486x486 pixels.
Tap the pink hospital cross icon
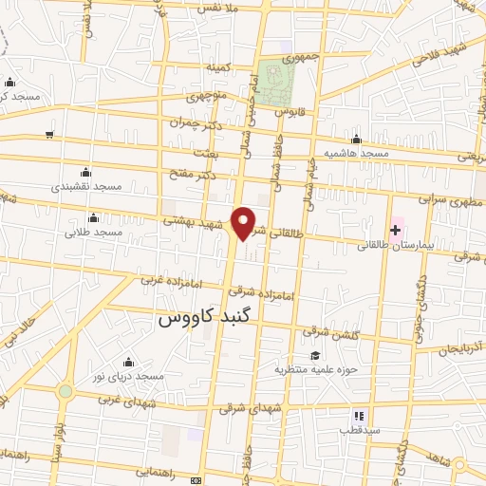click(395, 231)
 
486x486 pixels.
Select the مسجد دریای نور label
click(130, 376)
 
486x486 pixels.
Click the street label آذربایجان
click(461, 350)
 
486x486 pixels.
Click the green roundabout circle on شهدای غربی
click(65, 391)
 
